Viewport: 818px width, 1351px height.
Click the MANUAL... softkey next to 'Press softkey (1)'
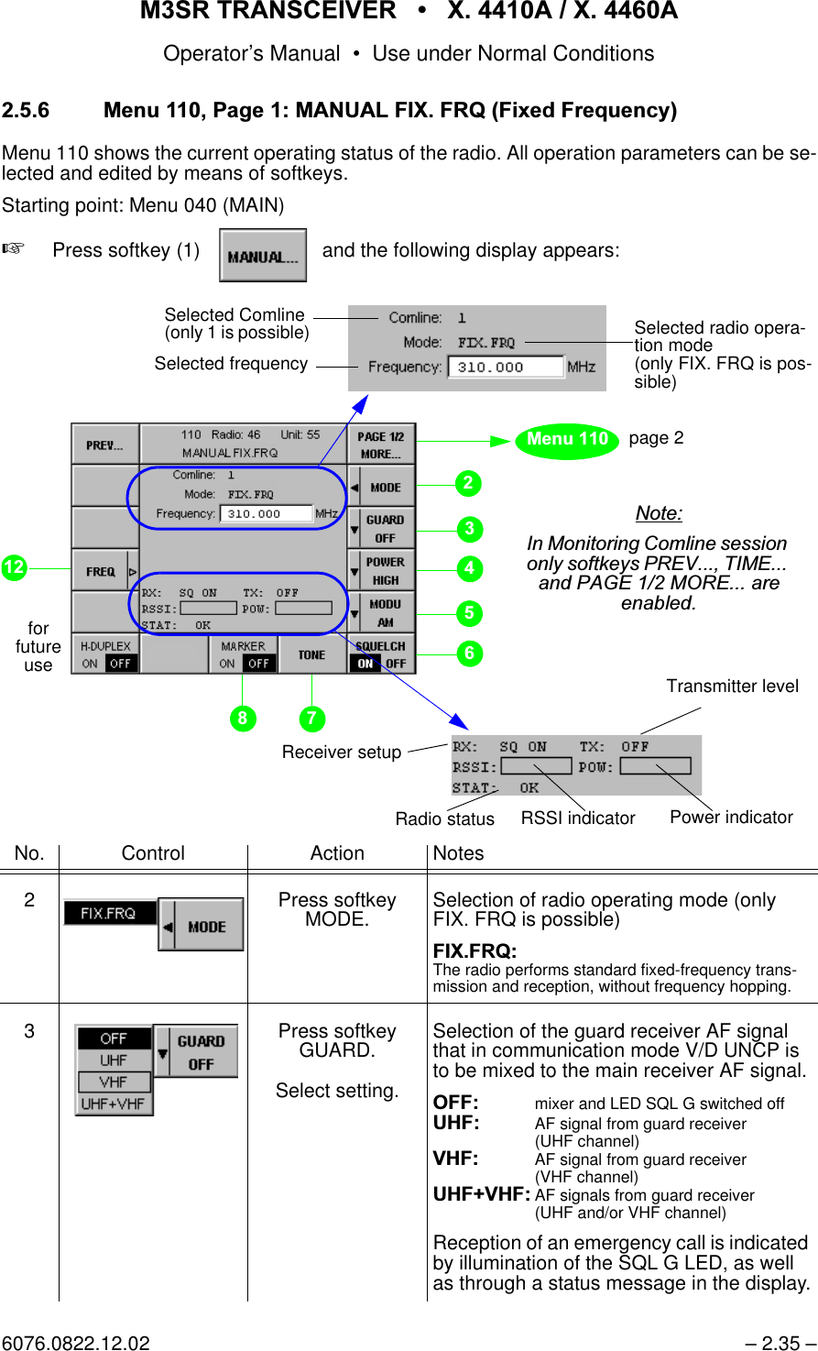pos(263,256)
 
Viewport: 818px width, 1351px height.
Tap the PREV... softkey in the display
pos(104,445)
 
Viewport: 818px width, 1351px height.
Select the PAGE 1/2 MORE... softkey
pos(381,445)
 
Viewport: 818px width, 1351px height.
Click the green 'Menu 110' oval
pos(567,440)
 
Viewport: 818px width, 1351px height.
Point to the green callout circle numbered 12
pos(14,568)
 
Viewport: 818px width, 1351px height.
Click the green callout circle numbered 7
pos(311,719)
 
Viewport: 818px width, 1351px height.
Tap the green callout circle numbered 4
pos(469,569)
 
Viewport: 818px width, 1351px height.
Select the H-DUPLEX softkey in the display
pos(105,654)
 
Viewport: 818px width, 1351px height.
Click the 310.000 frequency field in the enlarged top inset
pos(505,368)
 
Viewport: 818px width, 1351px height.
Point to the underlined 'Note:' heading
pos(659,513)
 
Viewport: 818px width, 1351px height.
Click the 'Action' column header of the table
pos(337,853)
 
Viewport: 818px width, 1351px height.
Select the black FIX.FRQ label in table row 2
pos(109,914)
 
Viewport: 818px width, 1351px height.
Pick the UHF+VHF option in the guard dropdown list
pos(114,1104)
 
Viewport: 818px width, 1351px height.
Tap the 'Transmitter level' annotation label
pos(732,686)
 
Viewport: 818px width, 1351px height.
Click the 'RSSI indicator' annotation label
pos(577,818)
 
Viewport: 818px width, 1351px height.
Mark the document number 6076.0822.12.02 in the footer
pos(75,1343)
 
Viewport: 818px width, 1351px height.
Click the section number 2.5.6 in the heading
pos(26,111)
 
